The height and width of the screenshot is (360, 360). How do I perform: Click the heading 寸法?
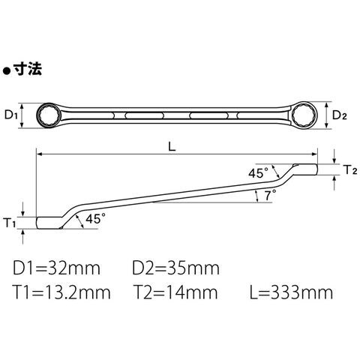[28, 68]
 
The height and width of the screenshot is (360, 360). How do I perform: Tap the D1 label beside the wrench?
[11, 115]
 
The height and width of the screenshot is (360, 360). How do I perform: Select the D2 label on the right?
[339, 115]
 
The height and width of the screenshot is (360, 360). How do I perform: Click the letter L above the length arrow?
[172, 147]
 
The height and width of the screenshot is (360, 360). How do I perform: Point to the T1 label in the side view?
[10, 223]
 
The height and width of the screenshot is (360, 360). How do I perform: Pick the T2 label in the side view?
[350, 169]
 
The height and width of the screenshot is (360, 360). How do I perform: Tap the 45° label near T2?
[258, 173]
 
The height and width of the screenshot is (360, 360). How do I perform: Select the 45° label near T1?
[95, 219]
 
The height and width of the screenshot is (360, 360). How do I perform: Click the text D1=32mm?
[56, 268]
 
